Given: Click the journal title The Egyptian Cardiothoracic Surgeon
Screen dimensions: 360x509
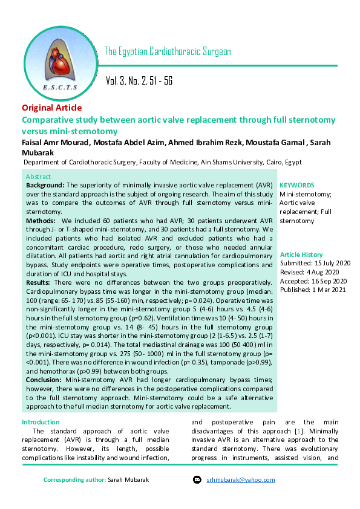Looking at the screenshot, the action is [x=168, y=51].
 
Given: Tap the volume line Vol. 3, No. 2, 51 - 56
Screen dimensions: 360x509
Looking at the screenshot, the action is [x=139, y=80].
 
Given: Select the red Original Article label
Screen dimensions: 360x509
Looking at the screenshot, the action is [x=51, y=108].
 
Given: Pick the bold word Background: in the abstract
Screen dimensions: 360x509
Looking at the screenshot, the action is [x=45, y=184].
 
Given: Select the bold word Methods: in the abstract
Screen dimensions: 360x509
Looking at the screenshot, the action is [x=40, y=221].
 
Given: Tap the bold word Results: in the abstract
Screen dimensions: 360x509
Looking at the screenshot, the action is [x=38, y=283].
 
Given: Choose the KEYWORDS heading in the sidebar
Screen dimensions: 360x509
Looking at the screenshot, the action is [x=296, y=185].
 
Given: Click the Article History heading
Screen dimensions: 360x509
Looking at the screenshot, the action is [x=301, y=255].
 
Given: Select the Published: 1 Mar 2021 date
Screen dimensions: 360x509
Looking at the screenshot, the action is [x=312, y=289].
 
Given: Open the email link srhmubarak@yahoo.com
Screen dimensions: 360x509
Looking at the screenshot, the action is [x=241, y=480].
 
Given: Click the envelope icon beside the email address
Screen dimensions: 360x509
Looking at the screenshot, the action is [x=197, y=480].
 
